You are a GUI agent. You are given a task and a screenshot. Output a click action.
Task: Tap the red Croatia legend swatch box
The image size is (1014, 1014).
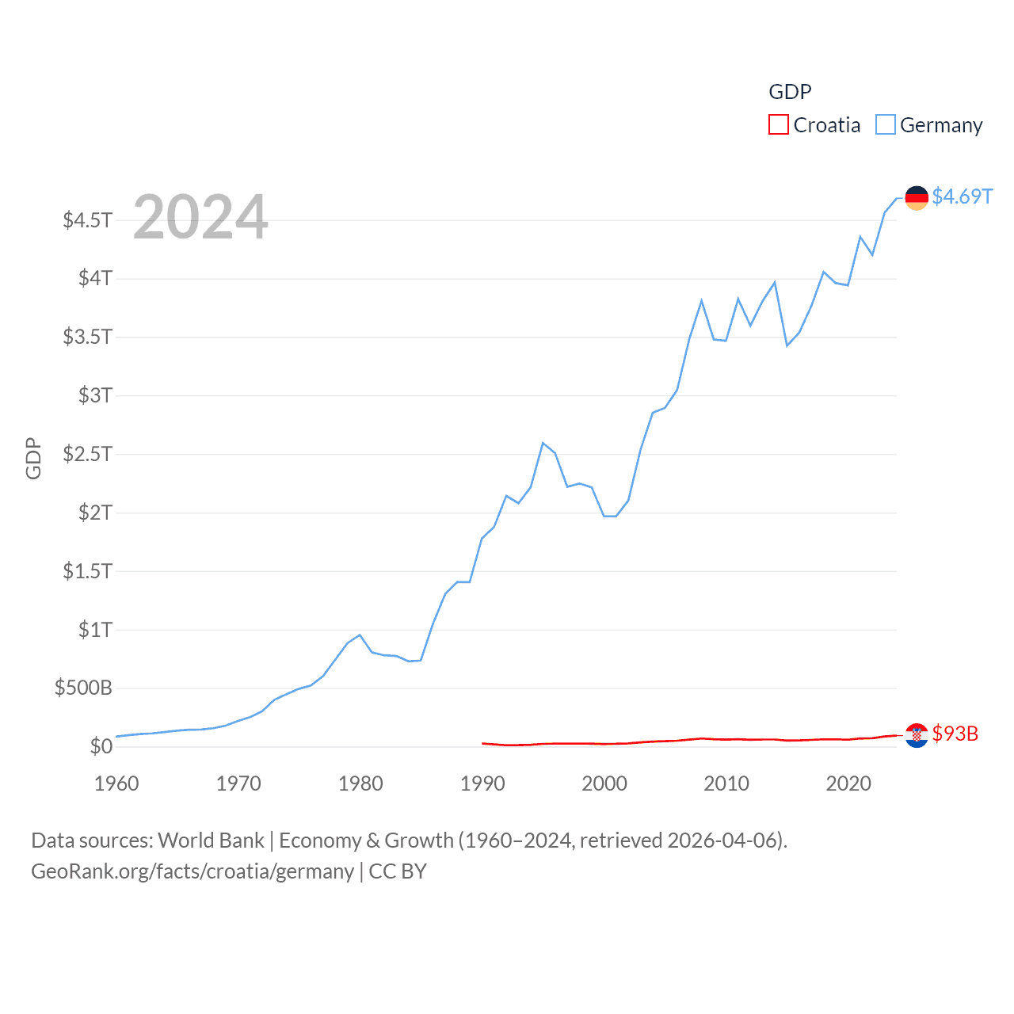[x=779, y=125]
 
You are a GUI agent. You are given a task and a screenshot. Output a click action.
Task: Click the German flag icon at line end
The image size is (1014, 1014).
[x=917, y=197]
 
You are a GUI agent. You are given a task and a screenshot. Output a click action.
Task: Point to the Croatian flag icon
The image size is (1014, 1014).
[x=917, y=735]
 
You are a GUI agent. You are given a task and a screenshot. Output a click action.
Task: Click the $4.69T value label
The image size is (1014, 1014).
[x=962, y=196]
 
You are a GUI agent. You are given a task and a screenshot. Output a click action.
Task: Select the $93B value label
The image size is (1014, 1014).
[x=955, y=734]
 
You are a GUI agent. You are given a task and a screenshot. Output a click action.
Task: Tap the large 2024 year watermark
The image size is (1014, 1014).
[x=200, y=217]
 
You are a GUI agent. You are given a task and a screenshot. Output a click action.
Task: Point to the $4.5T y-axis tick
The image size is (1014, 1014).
[x=88, y=219]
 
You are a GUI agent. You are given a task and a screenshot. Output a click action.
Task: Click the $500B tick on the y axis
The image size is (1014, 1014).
[x=83, y=688]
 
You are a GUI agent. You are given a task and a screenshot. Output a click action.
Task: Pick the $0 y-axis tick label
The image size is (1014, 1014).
[x=101, y=746]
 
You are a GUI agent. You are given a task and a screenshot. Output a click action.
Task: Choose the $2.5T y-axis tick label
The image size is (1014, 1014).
[x=88, y=454]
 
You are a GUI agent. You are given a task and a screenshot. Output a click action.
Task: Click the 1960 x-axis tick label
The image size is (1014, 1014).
[x=116, y=783]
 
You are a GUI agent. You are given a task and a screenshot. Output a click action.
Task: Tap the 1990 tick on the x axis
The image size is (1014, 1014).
[x=482, y=783]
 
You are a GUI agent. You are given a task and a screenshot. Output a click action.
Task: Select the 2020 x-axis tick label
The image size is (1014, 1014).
[x=848, y=783]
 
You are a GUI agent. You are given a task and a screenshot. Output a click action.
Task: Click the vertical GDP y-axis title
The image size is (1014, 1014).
[x=33, y=458]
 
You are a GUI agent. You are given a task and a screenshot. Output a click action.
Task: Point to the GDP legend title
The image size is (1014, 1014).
[x=790, y=92]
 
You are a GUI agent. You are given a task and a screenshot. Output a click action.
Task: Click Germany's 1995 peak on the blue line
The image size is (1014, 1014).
[x=543, y=443]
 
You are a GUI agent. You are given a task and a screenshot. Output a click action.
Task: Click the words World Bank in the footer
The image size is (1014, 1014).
[x=212, y=841]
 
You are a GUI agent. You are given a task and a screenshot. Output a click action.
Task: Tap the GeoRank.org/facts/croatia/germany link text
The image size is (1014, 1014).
[x=193, y=871]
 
